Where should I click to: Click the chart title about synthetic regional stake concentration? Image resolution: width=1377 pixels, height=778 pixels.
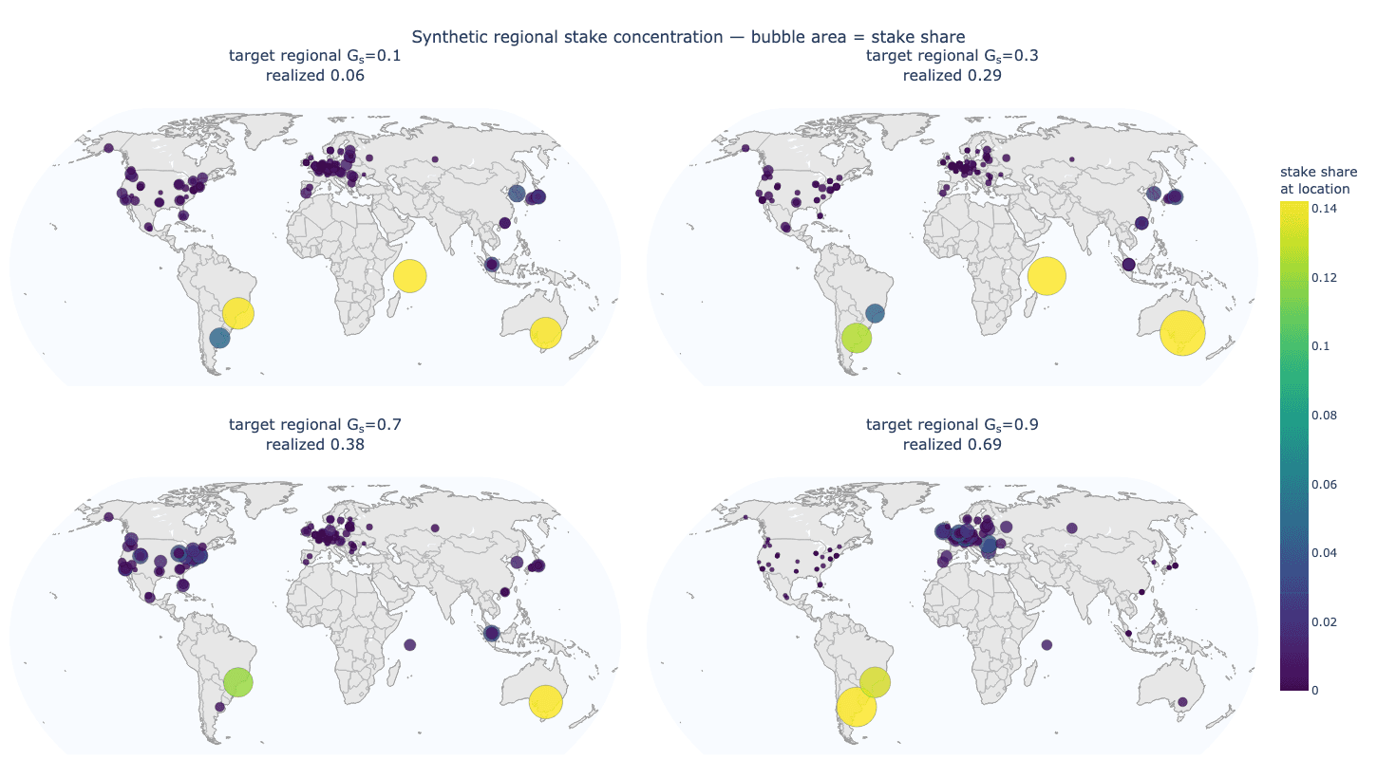click(688, 37)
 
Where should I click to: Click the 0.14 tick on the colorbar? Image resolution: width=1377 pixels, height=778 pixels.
click(1324, 209)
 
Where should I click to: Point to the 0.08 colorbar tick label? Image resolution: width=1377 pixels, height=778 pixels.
click(1324, 416)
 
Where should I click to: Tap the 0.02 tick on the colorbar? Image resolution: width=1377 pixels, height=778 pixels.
click(1324, 622)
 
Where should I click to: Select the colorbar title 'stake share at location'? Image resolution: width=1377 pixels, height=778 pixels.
click(1318, 180)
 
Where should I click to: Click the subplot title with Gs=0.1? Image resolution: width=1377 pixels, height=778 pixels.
click(314, 56)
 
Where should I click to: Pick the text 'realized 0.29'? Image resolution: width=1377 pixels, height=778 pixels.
click(952, 76)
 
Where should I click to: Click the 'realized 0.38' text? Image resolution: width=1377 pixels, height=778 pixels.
click(314, 445)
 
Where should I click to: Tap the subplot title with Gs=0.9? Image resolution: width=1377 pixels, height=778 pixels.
click(952, 425)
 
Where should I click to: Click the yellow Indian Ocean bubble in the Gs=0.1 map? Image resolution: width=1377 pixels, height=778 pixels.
click(409, 276)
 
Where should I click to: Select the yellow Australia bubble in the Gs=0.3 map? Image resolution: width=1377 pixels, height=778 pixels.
click(1182, 333)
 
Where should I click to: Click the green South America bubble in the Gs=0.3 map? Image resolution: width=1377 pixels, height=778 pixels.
click(857, 339)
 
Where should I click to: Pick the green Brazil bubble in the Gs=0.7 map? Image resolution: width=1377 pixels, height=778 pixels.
click(238, 682)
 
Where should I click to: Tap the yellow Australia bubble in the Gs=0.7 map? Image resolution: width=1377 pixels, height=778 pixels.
click(545, 702)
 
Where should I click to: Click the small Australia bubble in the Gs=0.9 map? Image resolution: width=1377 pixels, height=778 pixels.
click(1182, 702)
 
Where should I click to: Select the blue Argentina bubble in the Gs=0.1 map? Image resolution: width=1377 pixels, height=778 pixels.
click(219, 338)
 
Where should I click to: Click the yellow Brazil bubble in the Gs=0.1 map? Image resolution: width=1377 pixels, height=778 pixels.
click(238, 313)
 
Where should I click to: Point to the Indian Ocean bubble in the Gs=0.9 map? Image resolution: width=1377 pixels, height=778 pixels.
click(1047, 645)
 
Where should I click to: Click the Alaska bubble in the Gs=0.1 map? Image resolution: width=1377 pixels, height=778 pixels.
click(109, 148)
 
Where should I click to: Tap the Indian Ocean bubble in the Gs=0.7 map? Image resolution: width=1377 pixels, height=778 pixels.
click(410, 645)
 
